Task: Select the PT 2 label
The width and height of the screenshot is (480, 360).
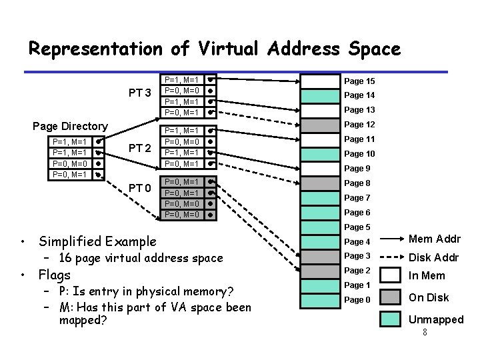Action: click(140, 147)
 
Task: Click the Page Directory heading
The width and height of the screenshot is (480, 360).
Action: click(70, 126)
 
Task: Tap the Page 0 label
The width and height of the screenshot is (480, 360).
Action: click(358, 300)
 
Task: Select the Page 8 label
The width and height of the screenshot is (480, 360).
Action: click(358, 183)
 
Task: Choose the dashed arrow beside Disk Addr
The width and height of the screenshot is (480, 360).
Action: click(391, 257)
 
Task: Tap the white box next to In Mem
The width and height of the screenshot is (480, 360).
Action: click(391, 273)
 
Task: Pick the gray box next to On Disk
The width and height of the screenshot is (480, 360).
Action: click(391, 297)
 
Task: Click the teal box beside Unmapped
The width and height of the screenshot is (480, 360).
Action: click(391, 319)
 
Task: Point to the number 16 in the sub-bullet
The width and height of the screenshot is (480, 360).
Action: click(65, 258)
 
